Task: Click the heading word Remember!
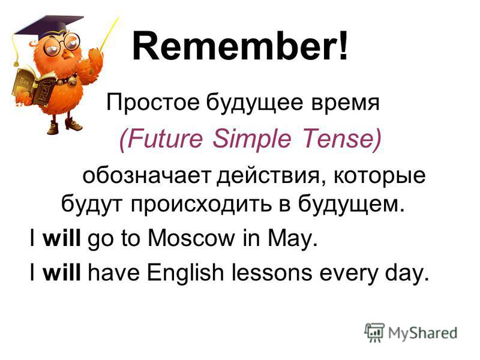[x=241, y=46]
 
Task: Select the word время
[x=346, y=104]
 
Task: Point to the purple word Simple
[x=251, y=139]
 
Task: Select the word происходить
[x=201, y=205]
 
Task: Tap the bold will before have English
[x=62, y=272]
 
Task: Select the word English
[x=185, y=274]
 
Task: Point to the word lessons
[x=272, y=272]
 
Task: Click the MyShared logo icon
[x=374, y=332]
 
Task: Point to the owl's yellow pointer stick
[x=108, y=34]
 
